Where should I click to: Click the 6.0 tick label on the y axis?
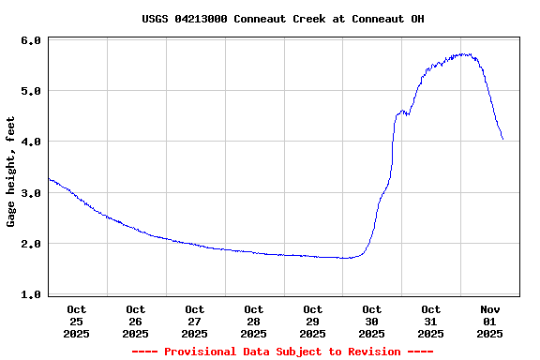30,41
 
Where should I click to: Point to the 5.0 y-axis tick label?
30,92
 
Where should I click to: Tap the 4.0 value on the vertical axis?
30,142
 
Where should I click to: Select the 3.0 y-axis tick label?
30,193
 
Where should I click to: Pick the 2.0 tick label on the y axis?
30,244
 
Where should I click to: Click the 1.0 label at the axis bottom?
30,294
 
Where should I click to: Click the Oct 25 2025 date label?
77,321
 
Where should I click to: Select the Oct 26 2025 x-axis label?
136,321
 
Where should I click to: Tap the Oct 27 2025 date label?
195,321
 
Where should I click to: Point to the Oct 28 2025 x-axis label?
254,321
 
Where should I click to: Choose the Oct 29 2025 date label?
313,321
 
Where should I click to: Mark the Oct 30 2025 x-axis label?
372,321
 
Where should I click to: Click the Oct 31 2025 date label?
431,321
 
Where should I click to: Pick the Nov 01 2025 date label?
490,321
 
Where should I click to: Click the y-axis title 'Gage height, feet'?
11,172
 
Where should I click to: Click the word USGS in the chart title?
156,19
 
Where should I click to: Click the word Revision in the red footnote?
374,352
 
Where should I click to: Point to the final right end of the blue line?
502,139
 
